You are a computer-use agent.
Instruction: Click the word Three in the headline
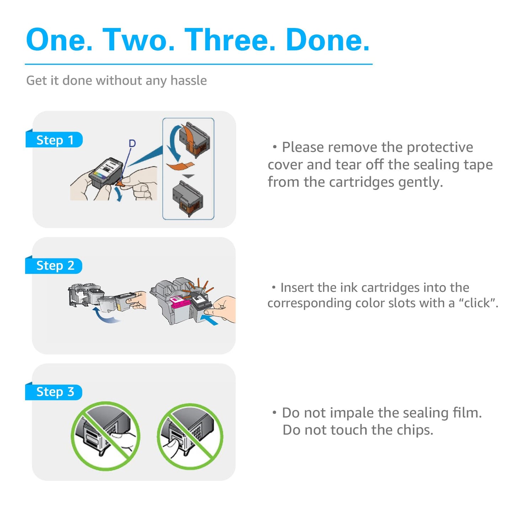230,39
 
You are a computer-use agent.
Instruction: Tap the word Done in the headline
328,39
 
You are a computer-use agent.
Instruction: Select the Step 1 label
54,140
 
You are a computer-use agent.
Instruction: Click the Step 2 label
54,266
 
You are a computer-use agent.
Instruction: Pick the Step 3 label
54,392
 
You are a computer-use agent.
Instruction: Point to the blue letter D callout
132,143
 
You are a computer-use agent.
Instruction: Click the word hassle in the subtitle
189,80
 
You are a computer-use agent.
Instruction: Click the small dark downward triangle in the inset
189,176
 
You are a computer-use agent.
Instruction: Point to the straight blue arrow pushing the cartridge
209,319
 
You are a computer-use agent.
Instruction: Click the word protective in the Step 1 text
440,147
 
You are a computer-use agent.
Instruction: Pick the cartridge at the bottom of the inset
188,198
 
